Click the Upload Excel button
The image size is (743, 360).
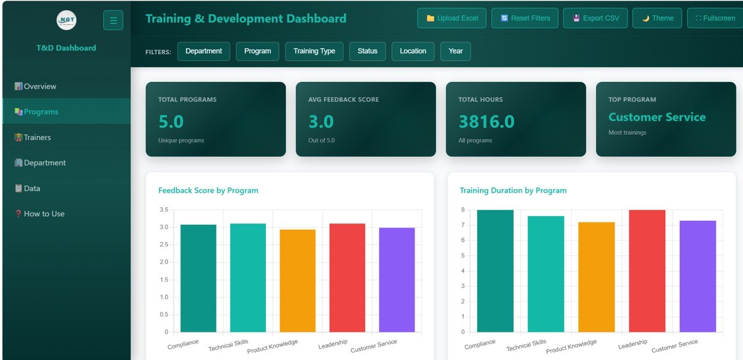452,18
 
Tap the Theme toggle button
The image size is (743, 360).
657,18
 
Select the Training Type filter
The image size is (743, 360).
314,51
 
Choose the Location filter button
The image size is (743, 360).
413,51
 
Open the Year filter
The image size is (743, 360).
456,51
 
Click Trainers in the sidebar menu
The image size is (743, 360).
37,138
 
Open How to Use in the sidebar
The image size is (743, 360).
44,214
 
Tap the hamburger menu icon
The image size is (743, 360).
113,20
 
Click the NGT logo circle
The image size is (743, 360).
66,20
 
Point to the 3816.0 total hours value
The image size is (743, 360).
486,121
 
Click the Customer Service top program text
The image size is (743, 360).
657,117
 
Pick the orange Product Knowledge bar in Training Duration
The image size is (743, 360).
596,277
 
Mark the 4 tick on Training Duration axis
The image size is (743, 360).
463,271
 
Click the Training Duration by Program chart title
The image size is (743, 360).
513,190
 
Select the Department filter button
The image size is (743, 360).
203,51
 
